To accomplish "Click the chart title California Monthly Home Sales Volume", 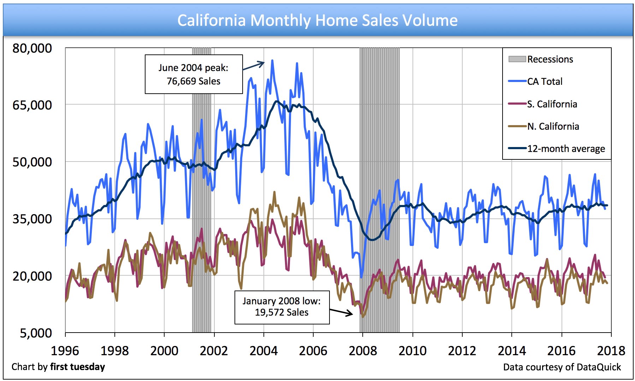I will (x=317, y=20).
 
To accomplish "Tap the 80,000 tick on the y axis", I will (x=32, y=48).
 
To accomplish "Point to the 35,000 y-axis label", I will (x=32, y=219).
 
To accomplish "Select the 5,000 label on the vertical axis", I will (x=36, y=333).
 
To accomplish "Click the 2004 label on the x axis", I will (x=263, y=351).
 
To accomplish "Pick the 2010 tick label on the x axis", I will (x=413, y=351).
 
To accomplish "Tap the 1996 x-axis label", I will (x=65, y=351).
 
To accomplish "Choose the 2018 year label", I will (x=611, y=351).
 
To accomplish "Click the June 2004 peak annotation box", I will (x=194, y=74).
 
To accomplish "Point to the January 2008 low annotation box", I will (x=282, y=307).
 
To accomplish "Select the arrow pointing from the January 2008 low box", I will (x=341, y=312).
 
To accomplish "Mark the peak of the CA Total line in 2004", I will (x=272, y=60).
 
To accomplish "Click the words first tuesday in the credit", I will (x=77, y=367).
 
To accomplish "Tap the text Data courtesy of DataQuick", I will (x=562, y=367).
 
